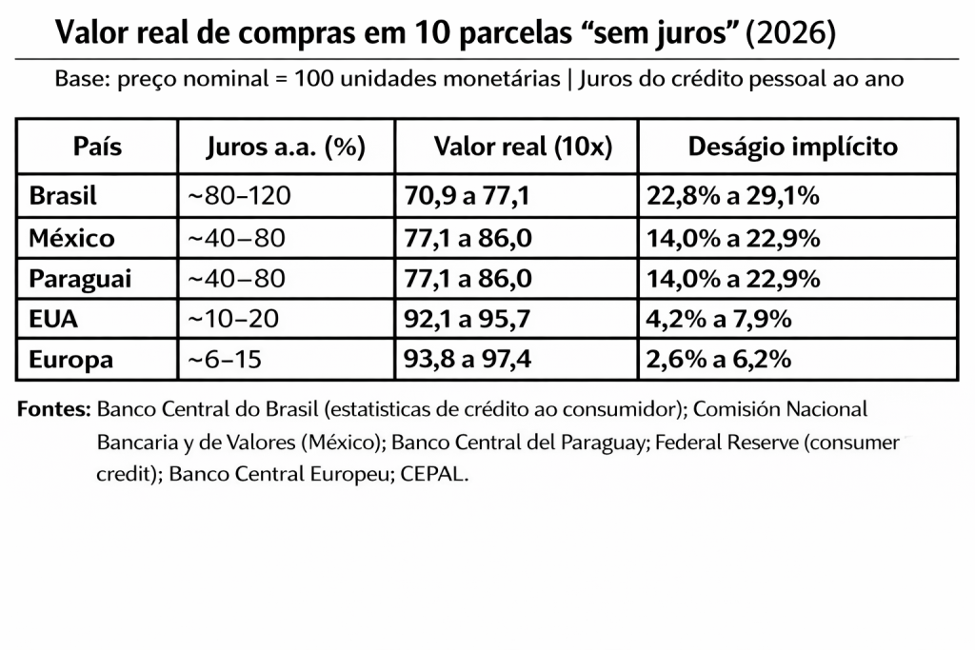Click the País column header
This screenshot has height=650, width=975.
point(97,148)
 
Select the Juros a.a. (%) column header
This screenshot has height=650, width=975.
point(287,148)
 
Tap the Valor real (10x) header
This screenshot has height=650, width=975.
point(522,148)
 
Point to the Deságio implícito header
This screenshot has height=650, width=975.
point(792,148)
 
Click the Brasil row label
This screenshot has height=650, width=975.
point(64,197)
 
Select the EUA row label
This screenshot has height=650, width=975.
point(53,320)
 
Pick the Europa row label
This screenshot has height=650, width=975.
point(71,361)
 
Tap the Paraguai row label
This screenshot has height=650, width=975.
point(80,279)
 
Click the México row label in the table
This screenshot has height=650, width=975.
point(71,238)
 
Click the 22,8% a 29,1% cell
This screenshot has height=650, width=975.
point(733,197)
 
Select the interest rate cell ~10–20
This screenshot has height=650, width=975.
point(232,320)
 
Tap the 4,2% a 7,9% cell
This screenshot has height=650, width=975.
point(719,320)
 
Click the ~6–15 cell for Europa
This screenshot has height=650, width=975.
point(226,361)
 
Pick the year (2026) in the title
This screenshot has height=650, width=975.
point(792,33)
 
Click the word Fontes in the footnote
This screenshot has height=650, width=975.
point(53,410)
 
